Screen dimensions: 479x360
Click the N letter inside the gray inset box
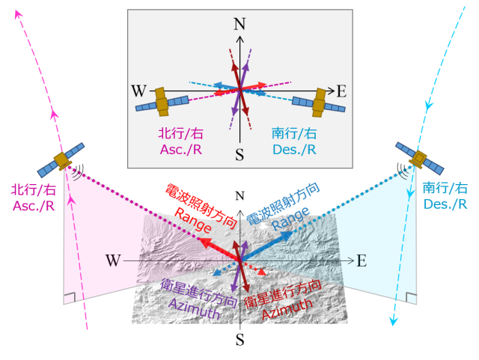click(239, 24)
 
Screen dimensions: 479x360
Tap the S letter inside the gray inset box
click(239, 154)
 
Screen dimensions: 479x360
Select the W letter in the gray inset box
click(138, 91)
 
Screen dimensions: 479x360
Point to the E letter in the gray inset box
click(341, 91)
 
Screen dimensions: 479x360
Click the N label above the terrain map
click(239, 196)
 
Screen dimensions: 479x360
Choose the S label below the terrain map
click(239, 340)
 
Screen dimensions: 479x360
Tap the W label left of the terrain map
click(113, 260)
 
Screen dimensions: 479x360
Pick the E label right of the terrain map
click(361, 261)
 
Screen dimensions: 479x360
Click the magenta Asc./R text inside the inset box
click(181, 150)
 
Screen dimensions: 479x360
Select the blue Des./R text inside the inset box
click(294, 150)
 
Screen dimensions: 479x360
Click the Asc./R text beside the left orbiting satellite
click(34, 206)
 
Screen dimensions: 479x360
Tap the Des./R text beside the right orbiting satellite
click(445, 204)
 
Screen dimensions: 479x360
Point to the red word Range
click(193, 220)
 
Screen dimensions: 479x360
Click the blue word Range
click(290, 219)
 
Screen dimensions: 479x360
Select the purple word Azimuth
click(195, 308)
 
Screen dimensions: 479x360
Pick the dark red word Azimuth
click(287, 309)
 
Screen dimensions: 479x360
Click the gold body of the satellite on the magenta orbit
click(62, 161)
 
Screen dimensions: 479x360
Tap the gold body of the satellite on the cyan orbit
click(419, 159)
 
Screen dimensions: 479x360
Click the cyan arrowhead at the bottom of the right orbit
click(394, 322)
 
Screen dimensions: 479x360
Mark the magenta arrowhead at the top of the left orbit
click(19, 13)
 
